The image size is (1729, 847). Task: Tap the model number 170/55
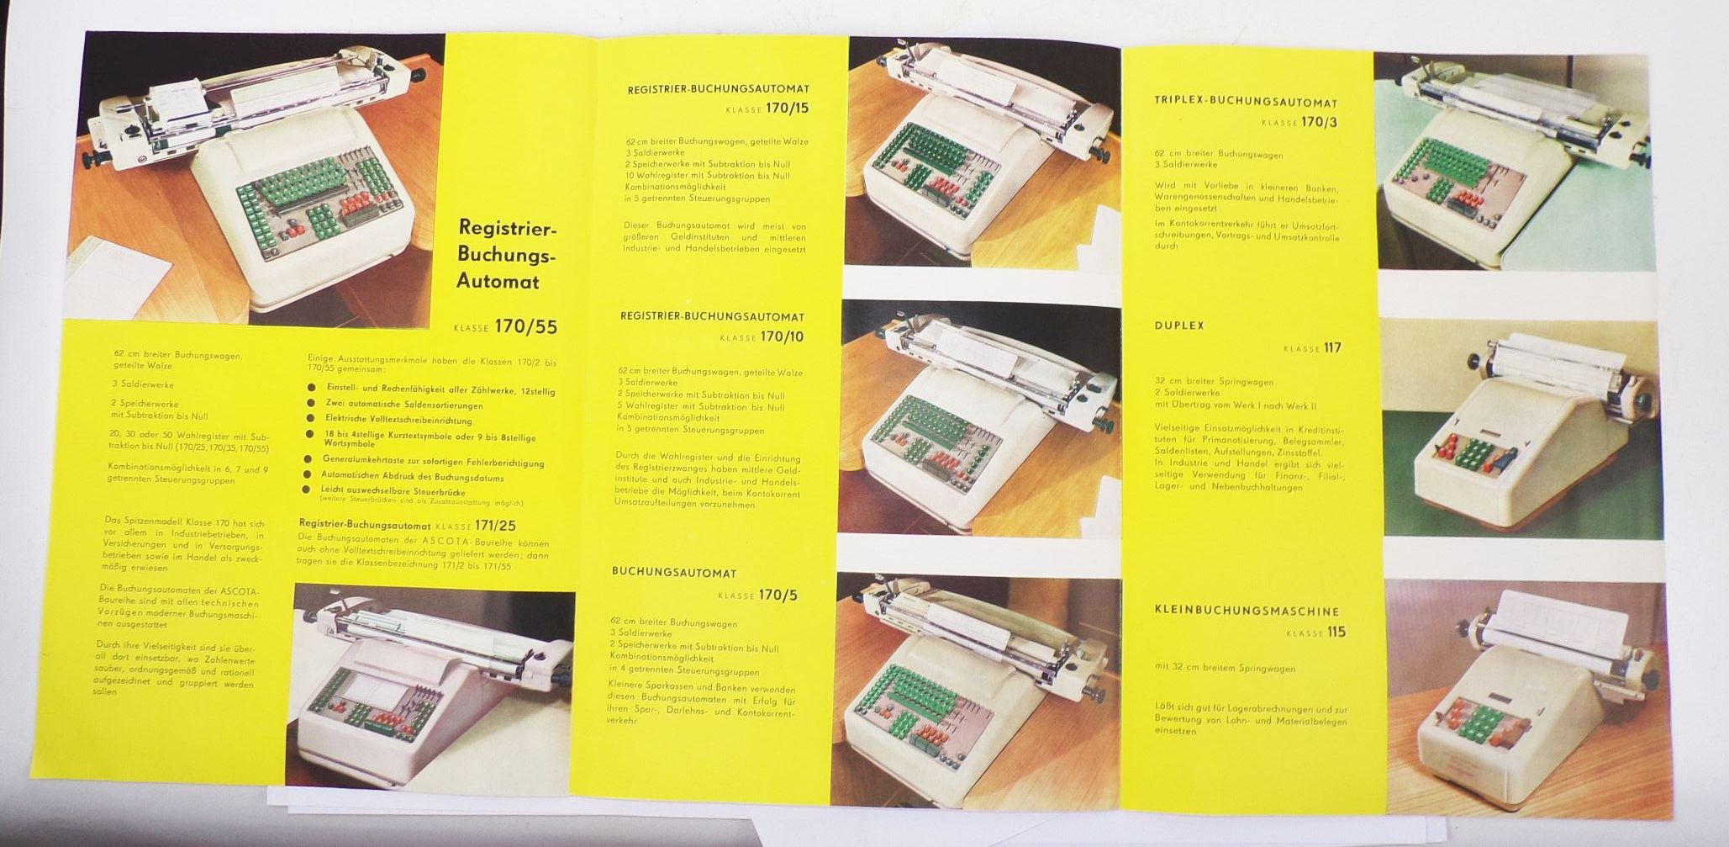tap(526, 326)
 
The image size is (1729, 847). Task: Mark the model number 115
tap(1336, 633)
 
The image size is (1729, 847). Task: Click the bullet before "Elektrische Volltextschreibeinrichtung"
tap(311, 419)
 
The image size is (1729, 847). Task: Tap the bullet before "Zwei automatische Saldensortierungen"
tap(311, 405)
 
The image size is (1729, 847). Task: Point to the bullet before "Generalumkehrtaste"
tap(311, 462)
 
